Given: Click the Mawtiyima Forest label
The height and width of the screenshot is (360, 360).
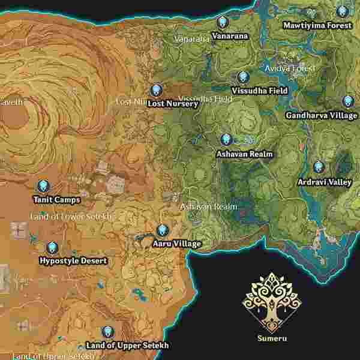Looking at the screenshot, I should (x=317, y=26).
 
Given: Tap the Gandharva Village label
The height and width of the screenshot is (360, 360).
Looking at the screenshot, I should (x=321, y=115).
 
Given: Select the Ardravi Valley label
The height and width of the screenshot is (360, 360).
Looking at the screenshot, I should (x=325, y=182).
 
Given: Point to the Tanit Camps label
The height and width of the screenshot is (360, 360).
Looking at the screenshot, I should (x=58, y=200).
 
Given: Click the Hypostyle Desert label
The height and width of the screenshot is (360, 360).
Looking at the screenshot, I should (x=73, y=261).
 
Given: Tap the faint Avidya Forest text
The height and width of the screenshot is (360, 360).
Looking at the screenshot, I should (x=290, y=68).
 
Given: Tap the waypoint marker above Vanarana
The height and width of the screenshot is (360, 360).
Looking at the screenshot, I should (x=223, y=22).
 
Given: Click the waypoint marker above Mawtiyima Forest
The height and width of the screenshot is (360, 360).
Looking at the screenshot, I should (x=342, y=11).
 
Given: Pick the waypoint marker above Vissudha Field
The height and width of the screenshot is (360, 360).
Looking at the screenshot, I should (x=242, y=77).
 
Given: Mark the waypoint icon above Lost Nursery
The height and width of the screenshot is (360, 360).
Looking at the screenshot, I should (x=157, y=89).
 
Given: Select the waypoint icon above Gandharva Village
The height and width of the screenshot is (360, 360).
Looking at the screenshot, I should (x=348, y=101).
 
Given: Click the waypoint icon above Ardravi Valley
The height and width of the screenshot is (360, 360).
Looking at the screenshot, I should (x=318, y=167).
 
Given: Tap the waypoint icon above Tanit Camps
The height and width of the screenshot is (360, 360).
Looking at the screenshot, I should (x=43, y=186).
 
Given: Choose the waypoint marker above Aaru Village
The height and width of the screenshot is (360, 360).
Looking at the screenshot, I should (x=162, y=230).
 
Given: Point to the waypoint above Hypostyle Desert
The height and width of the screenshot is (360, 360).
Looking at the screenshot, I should (x=52, y=247).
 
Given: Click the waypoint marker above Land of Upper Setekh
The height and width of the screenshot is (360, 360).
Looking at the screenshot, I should (x=107, y=331).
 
